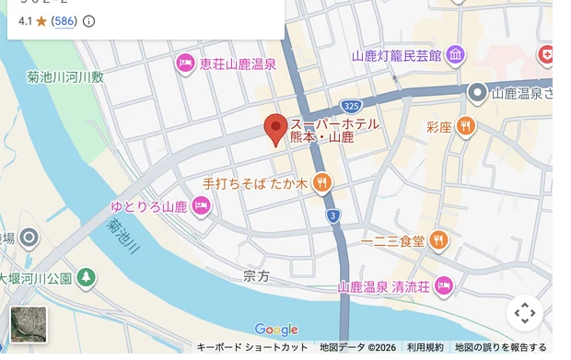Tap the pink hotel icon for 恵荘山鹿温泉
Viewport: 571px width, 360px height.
[x=184, y=64]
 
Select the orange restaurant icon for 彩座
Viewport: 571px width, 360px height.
[x=467, y=126]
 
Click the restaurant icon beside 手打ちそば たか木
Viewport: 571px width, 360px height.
[x=321, y=183]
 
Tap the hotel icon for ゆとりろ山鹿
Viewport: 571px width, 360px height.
[x=201, y=206]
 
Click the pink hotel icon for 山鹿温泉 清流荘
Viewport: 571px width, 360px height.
[x=444, y=285]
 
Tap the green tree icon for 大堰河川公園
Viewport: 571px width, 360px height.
[x=86, y=276]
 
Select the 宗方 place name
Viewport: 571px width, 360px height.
[x=257, y=275]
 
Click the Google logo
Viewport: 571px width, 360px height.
[x=276, y=330]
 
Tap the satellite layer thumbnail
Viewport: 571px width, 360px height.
[x=29, y=324]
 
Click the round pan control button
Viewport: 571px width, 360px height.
[x=525, y=313]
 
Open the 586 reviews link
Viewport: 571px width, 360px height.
[x=64, y=20]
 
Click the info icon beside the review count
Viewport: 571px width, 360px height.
[x=89, y=20]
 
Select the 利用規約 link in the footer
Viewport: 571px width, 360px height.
[x=425, y=347]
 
